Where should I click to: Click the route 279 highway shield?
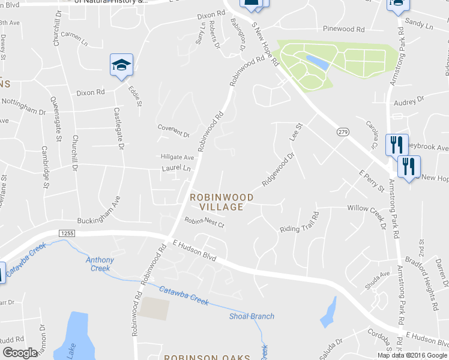342,132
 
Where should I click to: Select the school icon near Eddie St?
121,65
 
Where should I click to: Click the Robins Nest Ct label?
204,223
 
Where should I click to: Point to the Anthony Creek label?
100,264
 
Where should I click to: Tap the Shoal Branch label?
252,316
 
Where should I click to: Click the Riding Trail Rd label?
299,222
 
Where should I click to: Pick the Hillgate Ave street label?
178,157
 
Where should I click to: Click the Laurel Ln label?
176,169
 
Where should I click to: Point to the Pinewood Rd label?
343,29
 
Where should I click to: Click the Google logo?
20,353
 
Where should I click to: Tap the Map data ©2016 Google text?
412,355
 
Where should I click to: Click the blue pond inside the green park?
318,62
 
